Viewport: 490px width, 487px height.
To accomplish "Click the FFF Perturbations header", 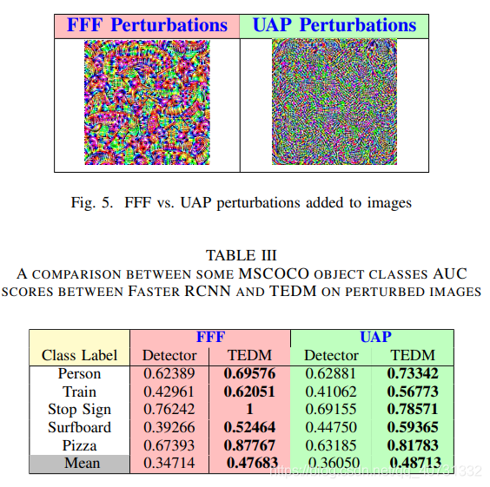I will coord(147,25).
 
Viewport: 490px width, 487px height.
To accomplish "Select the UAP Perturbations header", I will coord(334,25).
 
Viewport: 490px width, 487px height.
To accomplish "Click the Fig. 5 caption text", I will coord(242,203).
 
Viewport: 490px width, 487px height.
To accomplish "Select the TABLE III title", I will coord(242,254).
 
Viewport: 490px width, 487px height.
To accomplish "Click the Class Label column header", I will coord(80,355).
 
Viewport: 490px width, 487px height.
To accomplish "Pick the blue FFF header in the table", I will coord(209,337).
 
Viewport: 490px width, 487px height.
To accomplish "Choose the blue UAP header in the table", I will coord(374,337).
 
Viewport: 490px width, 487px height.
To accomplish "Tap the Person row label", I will coord(80,373).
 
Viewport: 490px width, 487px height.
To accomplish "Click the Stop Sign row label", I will coord(80,409).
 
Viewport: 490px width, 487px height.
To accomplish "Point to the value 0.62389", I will coord(169,373).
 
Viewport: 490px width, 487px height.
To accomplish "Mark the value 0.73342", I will coord(414,373).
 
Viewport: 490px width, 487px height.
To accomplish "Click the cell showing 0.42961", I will coord(169,392).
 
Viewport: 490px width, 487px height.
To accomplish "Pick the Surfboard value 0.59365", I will coord(414,427).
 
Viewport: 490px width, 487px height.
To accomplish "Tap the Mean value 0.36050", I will coord(331,463).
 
